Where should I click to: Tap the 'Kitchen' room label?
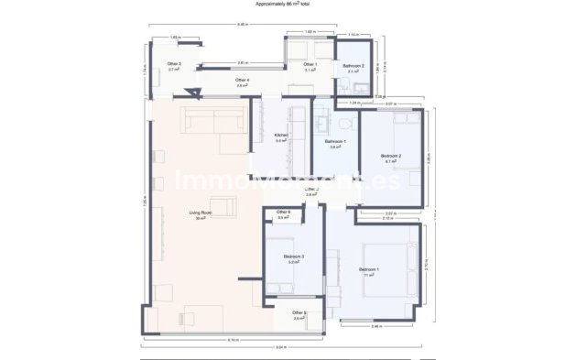coord(281,136)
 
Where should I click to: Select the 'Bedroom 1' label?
coord(369,269)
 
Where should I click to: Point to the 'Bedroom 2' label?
coord(391,156)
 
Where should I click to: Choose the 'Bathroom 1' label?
coord(335,142)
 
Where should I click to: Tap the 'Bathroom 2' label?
coord(354,67)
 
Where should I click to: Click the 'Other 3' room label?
coord(174,65)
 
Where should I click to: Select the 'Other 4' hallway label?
coord(242,81)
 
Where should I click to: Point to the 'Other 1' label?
coord(310,64)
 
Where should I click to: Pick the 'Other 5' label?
coord(299,313)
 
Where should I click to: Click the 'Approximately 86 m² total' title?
coord(288,5)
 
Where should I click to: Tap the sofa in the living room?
coord(213,119)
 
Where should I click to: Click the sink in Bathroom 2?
coord(361,88)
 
